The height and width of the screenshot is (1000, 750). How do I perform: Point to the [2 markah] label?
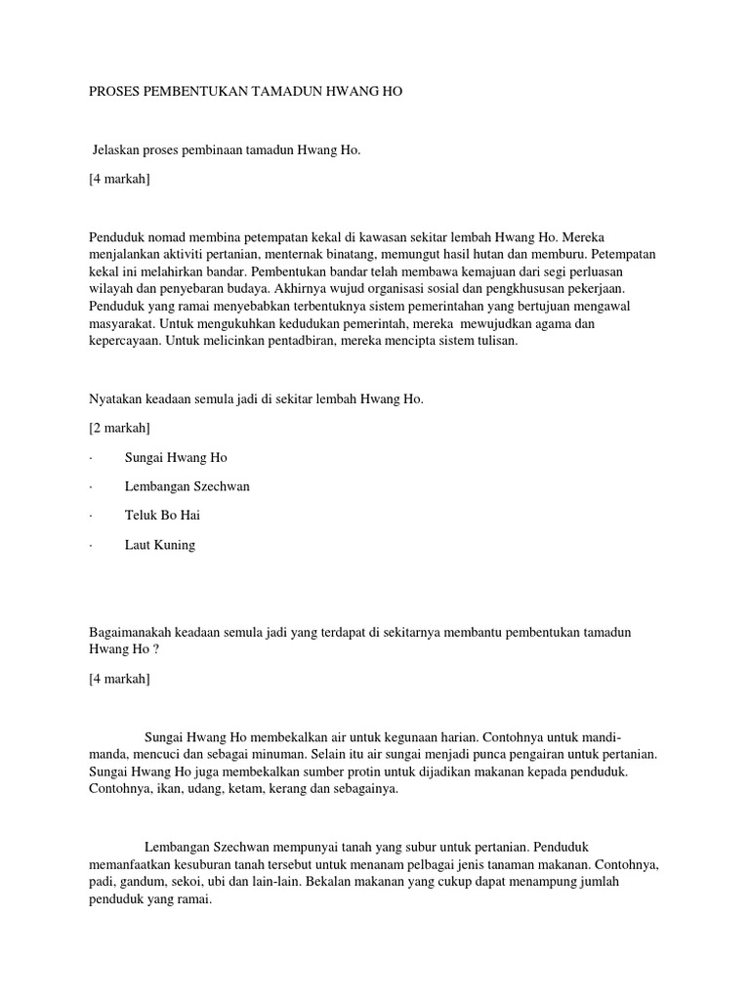119,428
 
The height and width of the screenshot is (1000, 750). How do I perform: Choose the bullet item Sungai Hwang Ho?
176,457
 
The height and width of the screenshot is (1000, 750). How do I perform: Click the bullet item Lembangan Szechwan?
187,486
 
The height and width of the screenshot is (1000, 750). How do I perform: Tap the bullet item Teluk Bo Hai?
162,516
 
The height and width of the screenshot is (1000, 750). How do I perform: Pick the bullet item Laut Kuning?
160,545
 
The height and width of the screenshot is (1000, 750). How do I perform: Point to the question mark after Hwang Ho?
154,650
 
